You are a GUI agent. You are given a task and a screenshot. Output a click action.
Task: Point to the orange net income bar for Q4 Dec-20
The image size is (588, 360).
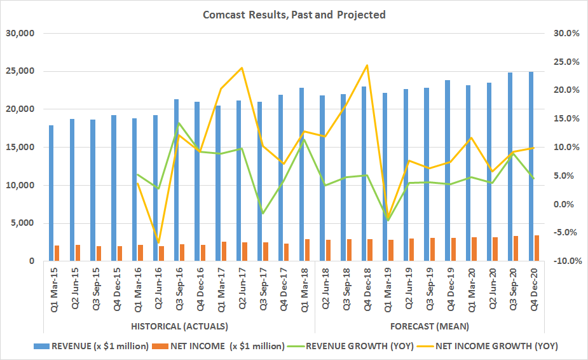[537, 249]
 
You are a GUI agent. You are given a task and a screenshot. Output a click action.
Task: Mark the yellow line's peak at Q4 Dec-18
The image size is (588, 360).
[367, 65]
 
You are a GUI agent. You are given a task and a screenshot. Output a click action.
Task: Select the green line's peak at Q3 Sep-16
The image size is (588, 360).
[179, 123]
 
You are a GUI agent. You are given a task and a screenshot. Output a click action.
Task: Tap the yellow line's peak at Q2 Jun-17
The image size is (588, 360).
[242, 67]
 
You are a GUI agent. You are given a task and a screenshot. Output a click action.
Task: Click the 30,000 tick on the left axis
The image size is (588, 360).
[21, 33]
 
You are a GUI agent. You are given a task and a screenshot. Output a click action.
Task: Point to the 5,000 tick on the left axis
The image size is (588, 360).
[24, 223]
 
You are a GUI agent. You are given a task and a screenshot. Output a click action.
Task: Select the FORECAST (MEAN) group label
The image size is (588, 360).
[429, 326]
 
